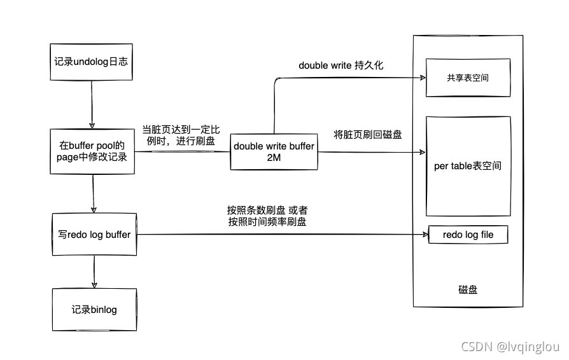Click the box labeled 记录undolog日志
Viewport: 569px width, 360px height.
(x=93, y=62)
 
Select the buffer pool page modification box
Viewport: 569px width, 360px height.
(x=93, y=152)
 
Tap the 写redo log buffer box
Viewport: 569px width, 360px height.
(x=93, y=235)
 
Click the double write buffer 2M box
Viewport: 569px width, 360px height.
(x=274, y=151)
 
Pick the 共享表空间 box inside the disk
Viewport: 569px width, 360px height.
(x=468, y=78)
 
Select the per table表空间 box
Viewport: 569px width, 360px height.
(x=468, y=167)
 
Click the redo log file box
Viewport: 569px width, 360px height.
(x=468, y=235)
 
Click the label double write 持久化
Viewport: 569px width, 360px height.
(x=341, y=66)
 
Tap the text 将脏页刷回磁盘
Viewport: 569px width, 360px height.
(x=368, y=134)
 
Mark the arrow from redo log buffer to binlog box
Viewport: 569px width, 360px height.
(x=94, y=270)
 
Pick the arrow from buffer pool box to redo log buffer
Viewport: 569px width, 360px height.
(x=94, y=195)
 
